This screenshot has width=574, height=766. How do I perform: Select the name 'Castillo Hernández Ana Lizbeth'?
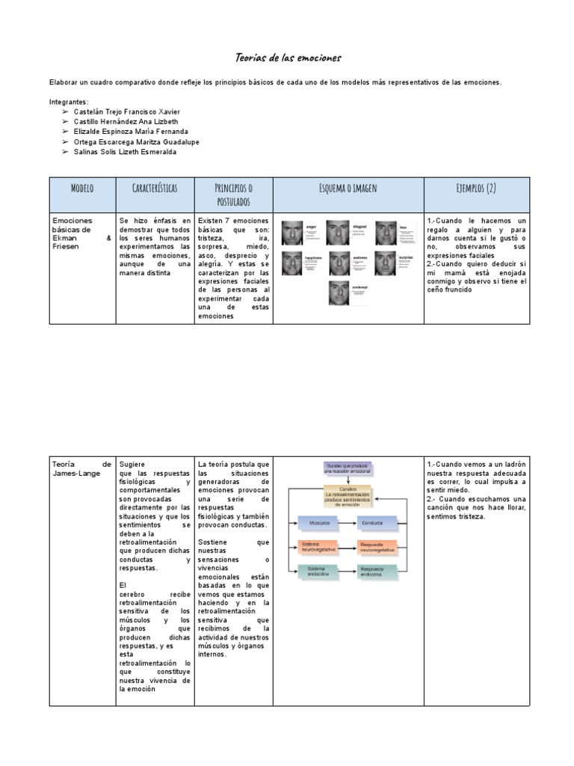coord(126,121)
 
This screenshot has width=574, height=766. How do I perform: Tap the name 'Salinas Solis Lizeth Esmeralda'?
coord(126,152)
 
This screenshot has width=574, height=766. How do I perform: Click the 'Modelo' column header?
coord(82,189)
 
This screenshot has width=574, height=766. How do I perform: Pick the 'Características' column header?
coord(155,189)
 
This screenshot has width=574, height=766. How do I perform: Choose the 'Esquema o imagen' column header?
coord(348,189)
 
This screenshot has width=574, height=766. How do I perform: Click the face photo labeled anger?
coord(292,233)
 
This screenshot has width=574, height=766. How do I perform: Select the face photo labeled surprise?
coord(386,263)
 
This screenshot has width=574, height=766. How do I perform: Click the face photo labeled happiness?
coord(292,263)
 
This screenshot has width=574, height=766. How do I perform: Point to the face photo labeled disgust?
coord(339,233)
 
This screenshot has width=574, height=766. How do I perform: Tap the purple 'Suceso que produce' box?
coord(348,468)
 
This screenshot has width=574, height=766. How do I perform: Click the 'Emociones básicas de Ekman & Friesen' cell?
coord(82,233)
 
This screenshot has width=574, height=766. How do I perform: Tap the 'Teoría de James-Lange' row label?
coord(82,469)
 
